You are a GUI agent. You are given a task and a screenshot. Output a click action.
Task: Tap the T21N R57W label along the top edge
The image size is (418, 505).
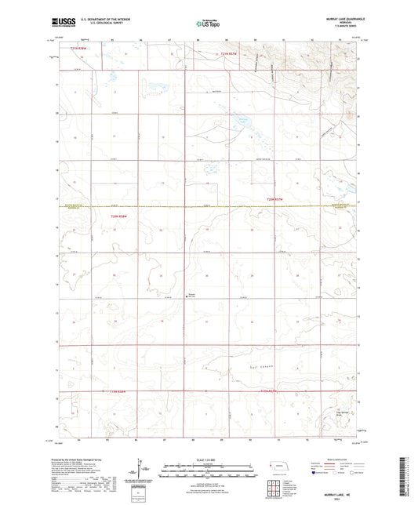coord(227,53)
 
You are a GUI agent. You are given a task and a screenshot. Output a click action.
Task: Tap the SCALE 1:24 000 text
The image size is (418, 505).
coord(208,459)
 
